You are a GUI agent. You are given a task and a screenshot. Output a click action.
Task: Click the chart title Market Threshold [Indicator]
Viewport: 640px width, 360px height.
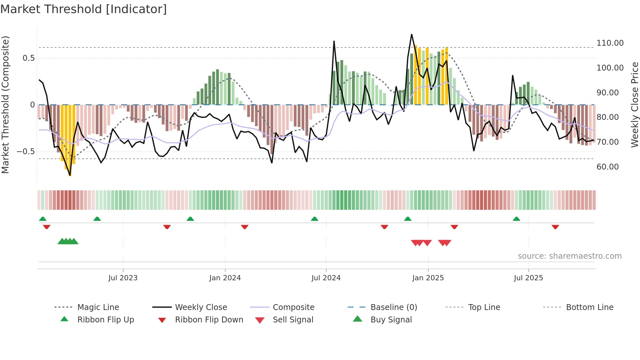click(84, 9)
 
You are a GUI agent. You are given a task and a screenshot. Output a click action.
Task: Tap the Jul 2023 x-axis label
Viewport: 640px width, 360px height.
click(123, 278)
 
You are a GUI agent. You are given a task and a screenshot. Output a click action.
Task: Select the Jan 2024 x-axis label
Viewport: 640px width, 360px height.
click(225, 278)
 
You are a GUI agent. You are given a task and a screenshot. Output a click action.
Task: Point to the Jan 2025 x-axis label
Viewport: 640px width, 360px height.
click(428, 278)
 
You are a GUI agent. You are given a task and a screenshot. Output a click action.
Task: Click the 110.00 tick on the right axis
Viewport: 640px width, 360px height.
click(610, 43)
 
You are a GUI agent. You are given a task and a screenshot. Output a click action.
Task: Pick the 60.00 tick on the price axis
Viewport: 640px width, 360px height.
click(607, 167)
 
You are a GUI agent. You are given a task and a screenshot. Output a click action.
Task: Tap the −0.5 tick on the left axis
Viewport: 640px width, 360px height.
click(25, 152)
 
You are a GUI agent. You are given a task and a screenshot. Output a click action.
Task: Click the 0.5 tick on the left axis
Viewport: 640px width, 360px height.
click(28, 58)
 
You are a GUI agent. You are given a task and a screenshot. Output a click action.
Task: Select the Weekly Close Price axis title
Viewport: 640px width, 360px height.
click(634, 105)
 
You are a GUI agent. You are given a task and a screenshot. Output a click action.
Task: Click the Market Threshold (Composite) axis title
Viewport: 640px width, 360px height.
click(5, 105)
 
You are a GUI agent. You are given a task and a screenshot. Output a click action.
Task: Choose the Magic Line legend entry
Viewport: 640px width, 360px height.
click(98, 307)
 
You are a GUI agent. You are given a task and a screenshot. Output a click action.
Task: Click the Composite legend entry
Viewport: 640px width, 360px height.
click(293, 307)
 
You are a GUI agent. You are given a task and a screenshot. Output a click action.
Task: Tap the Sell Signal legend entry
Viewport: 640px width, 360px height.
click(293, 320)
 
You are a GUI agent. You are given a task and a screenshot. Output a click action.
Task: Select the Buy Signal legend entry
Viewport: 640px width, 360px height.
click(391, 320)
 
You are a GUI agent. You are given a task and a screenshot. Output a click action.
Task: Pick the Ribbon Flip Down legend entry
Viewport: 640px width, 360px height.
click(209, 320)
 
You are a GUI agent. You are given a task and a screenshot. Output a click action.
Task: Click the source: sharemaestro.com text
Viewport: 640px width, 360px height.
click(569, 256)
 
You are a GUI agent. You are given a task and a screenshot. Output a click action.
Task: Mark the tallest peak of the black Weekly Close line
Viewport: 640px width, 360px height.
click(411, 35)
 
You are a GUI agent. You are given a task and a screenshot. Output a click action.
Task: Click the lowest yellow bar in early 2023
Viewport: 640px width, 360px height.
click(70, 170)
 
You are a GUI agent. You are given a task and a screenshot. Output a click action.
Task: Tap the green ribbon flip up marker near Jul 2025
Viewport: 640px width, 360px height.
click(516, 219)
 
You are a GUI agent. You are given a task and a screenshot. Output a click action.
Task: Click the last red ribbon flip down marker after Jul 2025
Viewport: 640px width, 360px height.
click(555, 227)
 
